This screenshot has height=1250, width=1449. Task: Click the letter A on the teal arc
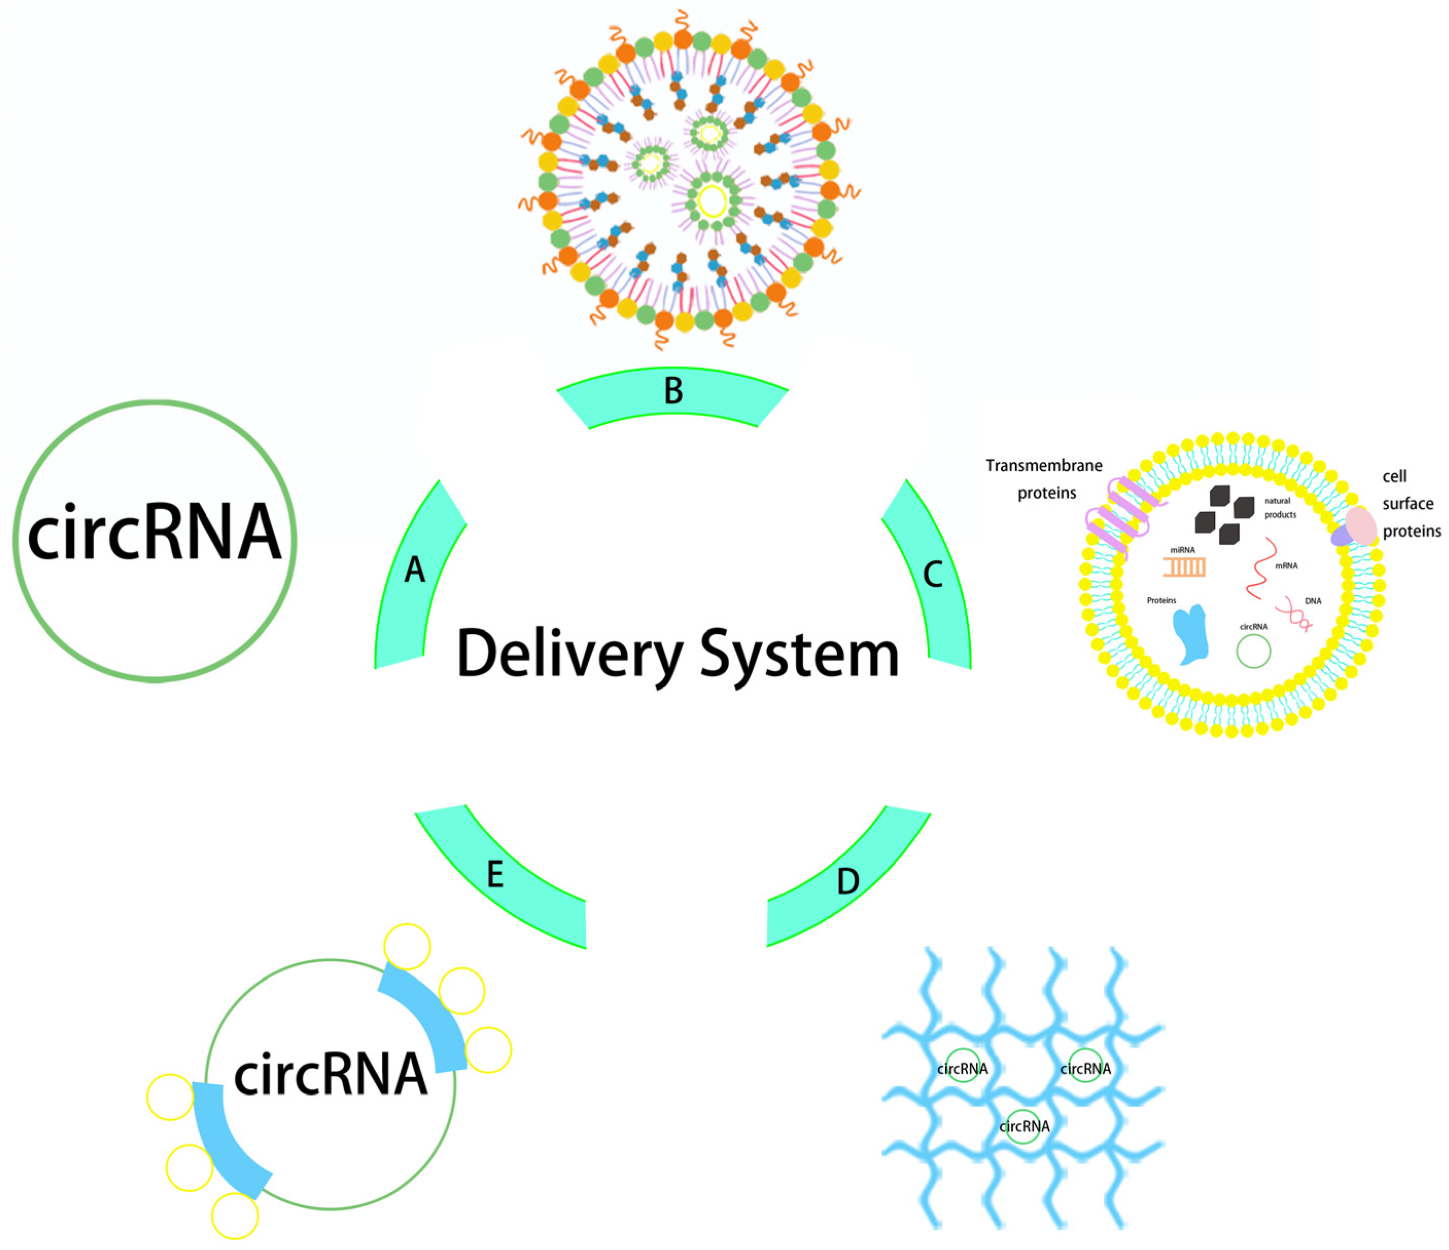pos(415,570)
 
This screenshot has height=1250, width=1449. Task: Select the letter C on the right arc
pos(933,574)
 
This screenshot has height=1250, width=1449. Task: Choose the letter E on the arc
pos(494,874)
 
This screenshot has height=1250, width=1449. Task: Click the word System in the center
pos(799,654)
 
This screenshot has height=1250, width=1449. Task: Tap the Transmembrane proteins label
pos(1045,479)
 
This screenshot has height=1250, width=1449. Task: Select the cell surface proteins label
pos(1410,504)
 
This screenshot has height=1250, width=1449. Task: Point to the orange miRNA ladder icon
pos(1184,567)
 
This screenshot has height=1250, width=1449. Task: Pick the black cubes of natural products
pos(1224,515)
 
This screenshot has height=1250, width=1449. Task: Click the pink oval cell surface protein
pos(1361,526)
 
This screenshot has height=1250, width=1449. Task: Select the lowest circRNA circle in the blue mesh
pos(1023,1126)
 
